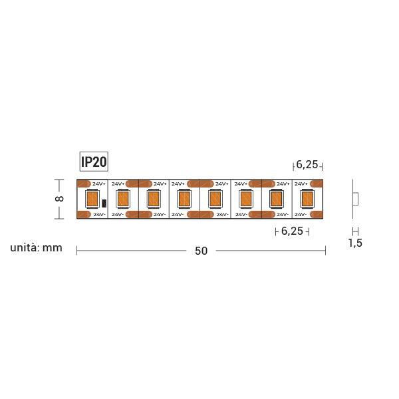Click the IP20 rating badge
click(94, 162)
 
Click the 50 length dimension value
click(201, 251)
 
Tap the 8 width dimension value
click(59, 199)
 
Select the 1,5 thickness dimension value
click(355, 243)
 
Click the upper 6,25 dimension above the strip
click(307, 165)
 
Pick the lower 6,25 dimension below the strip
click(292, 231)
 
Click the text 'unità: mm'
click(36, 248)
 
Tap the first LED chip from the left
click(92, 199)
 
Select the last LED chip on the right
click(307, 199)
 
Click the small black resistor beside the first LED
click(104, 203)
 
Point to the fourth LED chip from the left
click(184, 199)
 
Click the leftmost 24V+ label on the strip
click(99, 184)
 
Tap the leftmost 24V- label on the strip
click(99, 215)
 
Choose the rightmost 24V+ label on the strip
click(301, 184)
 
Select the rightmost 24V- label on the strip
click(301, 215)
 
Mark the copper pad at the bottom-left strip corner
click(84, 215)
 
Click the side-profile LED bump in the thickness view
click(356, 199)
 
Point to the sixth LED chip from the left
click(245, 199)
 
